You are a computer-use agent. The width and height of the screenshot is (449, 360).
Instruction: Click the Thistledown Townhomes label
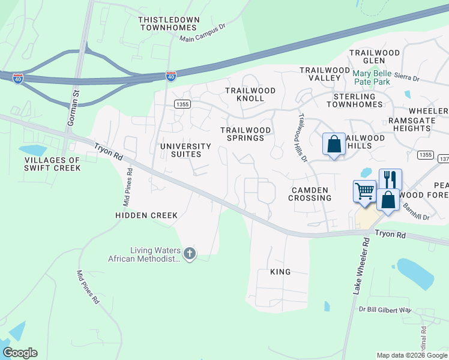(x=169, y=24)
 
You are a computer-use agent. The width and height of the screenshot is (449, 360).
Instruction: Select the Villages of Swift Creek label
(x=52, y=164)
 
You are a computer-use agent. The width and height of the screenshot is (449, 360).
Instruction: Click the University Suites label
(x=185, y=150)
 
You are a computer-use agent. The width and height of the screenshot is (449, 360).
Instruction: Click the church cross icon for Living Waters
(x=190, y=253)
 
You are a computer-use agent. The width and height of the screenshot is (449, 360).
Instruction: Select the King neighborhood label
(x=280, y=272)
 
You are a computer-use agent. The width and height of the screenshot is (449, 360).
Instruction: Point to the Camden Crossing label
(x=310, y=194)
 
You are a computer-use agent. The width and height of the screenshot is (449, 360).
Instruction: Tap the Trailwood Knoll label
(x=250, y=94)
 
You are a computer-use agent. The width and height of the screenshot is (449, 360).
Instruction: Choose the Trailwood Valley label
(x=325, y=74)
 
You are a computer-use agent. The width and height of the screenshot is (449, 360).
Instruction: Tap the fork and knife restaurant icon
(x=390, y=179)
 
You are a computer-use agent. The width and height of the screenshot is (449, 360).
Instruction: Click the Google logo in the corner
(x=20, y=353)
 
